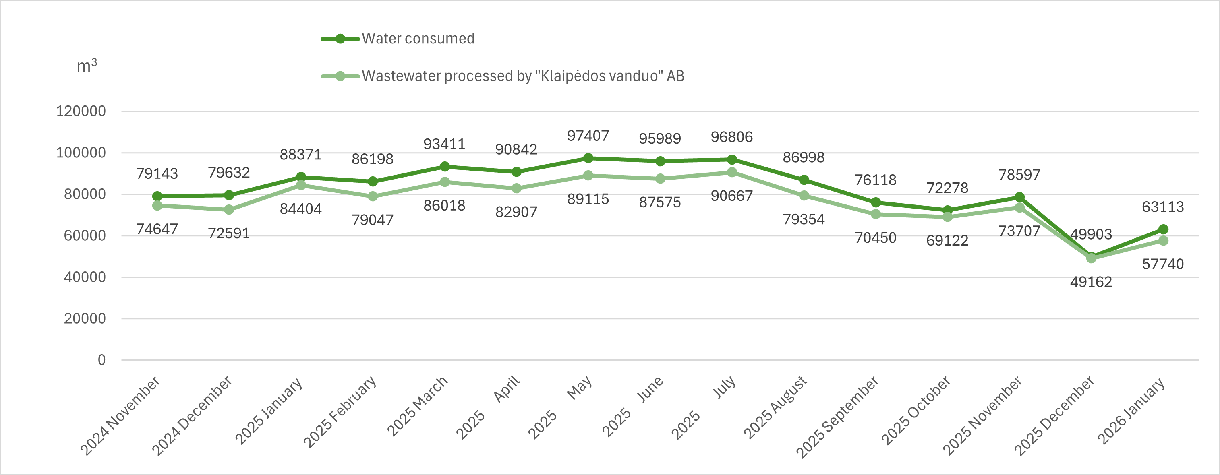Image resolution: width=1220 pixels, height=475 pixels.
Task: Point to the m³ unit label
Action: click(87, 66)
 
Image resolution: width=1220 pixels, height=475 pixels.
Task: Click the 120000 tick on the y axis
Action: click(81, 111)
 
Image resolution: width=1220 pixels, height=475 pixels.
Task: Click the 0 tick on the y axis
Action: click(102, 360)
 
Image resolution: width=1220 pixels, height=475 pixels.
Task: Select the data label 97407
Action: click(588, 136)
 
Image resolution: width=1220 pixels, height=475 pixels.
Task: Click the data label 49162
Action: click(1091, 282)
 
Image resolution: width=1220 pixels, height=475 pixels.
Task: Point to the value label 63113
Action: click(1163, 207)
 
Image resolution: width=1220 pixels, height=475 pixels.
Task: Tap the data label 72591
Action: click(229, 233)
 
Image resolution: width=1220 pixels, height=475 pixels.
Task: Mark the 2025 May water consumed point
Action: click(588, 158)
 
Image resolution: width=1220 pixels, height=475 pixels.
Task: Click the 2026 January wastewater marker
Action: click(1163, 240)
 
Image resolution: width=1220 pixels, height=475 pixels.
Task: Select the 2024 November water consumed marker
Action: click(157, 196)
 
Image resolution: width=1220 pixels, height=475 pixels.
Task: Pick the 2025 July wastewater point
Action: click(732, 172)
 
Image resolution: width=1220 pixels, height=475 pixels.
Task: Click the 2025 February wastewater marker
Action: click(373, 196)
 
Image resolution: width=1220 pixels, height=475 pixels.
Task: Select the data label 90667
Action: click(732, 196)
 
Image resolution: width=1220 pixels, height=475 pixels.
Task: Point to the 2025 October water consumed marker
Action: click(948, 210)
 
